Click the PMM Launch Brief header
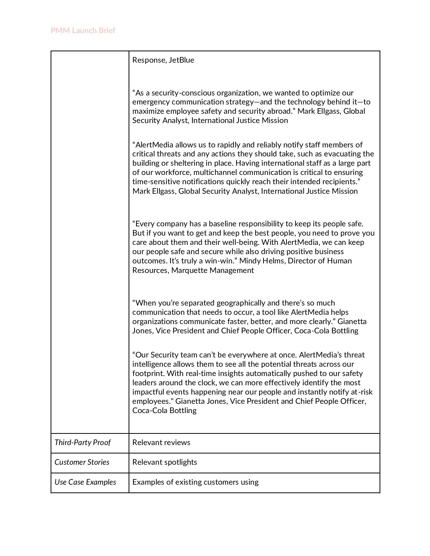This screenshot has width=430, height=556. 83,30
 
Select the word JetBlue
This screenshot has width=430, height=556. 181,60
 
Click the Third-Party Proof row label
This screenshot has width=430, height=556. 83,442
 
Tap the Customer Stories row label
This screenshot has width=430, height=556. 82,462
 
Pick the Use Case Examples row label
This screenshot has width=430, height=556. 85,482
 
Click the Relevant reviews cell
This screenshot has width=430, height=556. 161,442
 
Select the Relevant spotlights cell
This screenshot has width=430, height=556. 165,462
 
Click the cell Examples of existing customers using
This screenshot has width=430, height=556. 195,482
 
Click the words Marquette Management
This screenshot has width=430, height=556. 212,270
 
